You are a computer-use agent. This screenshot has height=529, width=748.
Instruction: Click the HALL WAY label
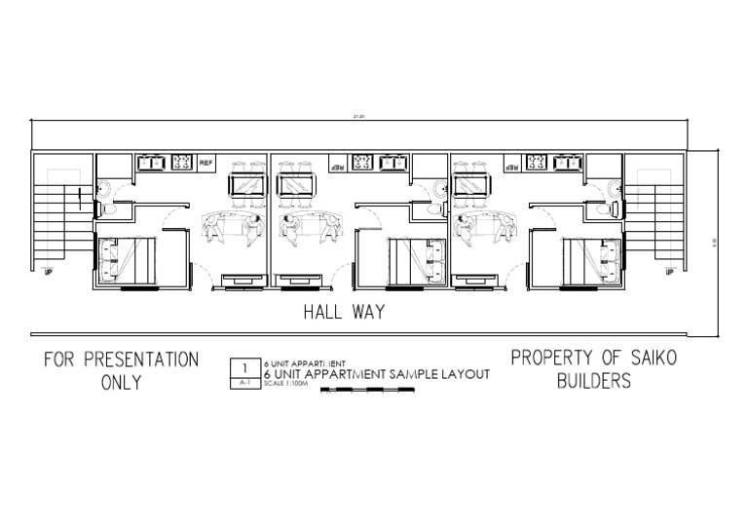click(x=344, y=313)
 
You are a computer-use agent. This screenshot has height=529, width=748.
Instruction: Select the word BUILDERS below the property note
click(x=593, y=381)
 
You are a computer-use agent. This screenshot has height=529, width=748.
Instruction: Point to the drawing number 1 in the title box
click(x=244, y=367)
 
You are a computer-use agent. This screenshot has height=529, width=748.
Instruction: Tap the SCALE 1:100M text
click(x=285, y=383)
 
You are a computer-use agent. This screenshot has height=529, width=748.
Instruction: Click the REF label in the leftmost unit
click(x=206, y=162)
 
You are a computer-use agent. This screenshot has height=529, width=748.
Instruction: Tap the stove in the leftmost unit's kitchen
click(x=180, y=162)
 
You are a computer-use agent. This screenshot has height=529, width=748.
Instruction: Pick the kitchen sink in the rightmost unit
click(x=566, y=162)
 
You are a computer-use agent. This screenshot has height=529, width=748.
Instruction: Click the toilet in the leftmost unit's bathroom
click(x=106, y=208)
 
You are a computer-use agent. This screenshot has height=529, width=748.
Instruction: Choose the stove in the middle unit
click(x=362, y=162)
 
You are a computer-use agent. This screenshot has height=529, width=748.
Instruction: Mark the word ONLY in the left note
click(x=122, y=382)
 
